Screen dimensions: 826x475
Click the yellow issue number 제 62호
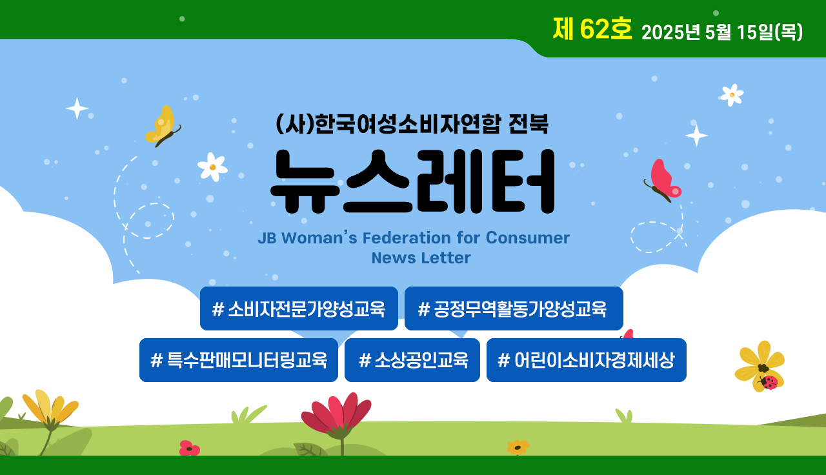592,29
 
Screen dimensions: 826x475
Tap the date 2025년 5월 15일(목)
722,32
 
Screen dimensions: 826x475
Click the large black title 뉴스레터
412,181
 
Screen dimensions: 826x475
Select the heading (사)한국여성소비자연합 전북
412,125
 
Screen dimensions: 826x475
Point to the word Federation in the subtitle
407,238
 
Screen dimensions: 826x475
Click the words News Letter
421,258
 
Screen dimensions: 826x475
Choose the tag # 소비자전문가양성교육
299,308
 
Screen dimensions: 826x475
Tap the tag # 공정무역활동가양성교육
514,308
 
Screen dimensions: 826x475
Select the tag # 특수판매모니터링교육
239,360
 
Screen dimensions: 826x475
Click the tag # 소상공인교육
412,360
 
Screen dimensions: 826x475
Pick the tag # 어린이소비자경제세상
587,360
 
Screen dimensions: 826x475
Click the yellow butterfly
162,126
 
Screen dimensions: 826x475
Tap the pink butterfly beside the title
663,180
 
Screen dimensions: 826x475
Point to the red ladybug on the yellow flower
769,383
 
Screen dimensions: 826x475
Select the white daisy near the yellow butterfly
212,167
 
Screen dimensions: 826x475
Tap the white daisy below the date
732,95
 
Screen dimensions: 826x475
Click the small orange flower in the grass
518,447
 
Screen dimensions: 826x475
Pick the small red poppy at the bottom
190,448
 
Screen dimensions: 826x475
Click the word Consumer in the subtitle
528,238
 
